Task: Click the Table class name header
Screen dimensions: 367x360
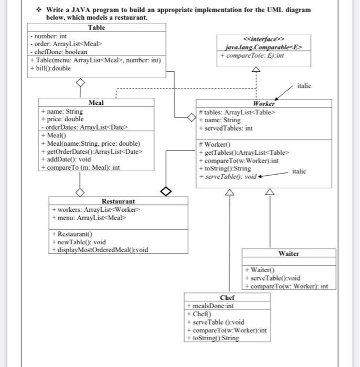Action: [x=96, y=27]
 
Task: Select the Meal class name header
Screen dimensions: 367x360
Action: [x=96, y=103]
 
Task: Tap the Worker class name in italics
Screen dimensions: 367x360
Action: [x=263, y=104]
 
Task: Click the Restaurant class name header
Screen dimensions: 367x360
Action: [x=118, y=201]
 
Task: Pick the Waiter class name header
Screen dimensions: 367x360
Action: [x=289, y=253]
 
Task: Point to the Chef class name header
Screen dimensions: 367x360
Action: [x=227, y=297]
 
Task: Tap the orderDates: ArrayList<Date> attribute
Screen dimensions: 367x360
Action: [x=85, y=127]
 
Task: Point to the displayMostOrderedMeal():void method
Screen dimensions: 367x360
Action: [x=100, y=250]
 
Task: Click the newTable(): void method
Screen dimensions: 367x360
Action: [x=79, y=242]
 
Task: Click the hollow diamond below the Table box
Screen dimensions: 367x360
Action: [x=80, y=82]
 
